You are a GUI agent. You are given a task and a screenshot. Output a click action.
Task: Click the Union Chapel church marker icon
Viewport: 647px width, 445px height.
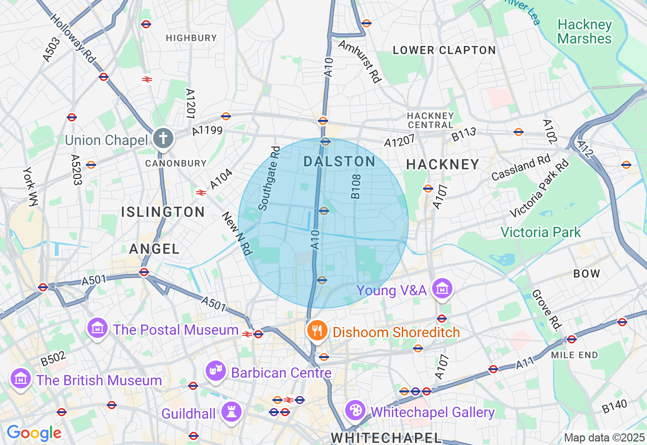click(x=163, y=138)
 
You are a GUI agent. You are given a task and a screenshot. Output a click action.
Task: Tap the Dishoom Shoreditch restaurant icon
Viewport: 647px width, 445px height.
click(x=317, y=331)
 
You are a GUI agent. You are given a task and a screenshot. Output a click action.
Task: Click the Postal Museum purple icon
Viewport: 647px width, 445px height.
click(x=98, y=329)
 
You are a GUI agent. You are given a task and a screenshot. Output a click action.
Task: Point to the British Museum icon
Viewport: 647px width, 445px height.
click(x=20, y=379)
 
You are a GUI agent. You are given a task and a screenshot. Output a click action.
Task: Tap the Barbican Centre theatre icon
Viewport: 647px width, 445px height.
click(x=216, y=372)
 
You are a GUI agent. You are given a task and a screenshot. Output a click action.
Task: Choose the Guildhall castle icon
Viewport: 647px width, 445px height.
click(x=232, y=413)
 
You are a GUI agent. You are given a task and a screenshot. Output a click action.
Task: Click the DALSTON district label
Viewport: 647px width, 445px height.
click(x=340, y=162)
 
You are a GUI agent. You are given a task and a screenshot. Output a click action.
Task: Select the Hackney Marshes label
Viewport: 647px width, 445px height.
click(x=584, y=31)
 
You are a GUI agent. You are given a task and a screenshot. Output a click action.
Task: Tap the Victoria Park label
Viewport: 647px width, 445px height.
click(x=541, y=232)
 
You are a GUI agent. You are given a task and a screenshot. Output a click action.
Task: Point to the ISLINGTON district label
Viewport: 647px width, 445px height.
click(x=163, y=212)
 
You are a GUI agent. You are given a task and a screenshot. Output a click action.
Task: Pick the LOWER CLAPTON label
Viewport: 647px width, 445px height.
click(x=444, y=50)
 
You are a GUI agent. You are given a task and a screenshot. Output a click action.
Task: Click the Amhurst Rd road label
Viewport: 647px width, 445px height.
click(x=359, y=61)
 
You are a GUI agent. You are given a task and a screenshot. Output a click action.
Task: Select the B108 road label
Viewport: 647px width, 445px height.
click(x=356, y=186)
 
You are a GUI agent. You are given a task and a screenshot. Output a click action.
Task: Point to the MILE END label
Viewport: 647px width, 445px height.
click(x=574, y=355)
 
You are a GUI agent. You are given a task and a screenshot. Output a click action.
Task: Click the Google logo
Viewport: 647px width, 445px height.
click(x=34, y=433)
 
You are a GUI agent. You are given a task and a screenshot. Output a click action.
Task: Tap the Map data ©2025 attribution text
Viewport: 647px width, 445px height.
click(x=604, y=438)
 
